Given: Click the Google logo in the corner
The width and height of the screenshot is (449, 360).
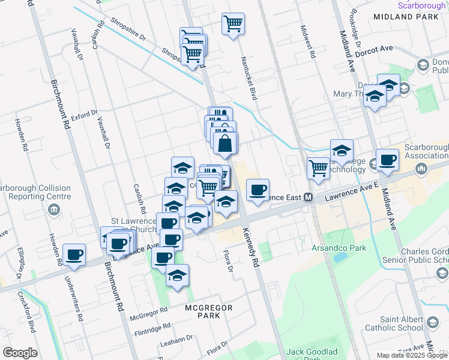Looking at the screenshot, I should click(20, 353).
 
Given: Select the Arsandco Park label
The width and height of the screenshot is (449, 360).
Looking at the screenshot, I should click(330, 247).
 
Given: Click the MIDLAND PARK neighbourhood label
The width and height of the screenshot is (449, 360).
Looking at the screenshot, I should click(397, 17).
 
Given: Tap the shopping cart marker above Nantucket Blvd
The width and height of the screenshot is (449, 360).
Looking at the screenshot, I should click(233, 25).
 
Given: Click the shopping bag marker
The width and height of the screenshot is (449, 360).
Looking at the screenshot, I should click(225, 144).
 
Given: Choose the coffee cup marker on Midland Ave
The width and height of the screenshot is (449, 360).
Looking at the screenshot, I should click(387, 160).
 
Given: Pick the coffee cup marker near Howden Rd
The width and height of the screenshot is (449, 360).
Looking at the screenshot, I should click(74, 254).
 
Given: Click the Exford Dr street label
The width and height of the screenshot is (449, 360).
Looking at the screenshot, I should click(84, 114).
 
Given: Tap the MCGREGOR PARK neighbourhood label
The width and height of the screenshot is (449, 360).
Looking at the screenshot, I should click(203, 311).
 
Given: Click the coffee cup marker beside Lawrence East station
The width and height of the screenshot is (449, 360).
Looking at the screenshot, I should click(258, 190).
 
